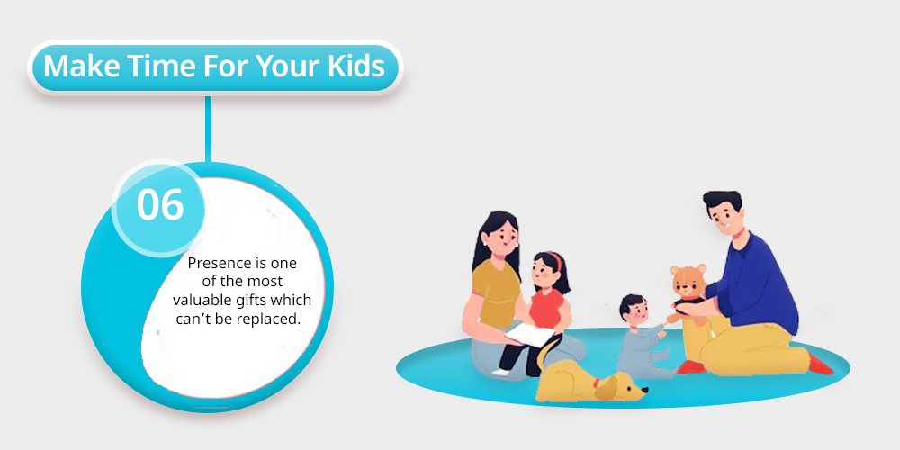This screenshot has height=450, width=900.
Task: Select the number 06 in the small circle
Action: [160, 205]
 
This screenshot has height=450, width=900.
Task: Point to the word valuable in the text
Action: [202, 301]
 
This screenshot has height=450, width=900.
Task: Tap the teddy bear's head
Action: [688, 281]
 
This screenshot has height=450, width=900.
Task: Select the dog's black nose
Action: [644, 391]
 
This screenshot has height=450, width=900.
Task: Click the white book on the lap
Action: [530, 334]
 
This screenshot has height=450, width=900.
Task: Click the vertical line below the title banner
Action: [209, 129]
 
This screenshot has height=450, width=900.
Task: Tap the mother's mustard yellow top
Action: [496, 293]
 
